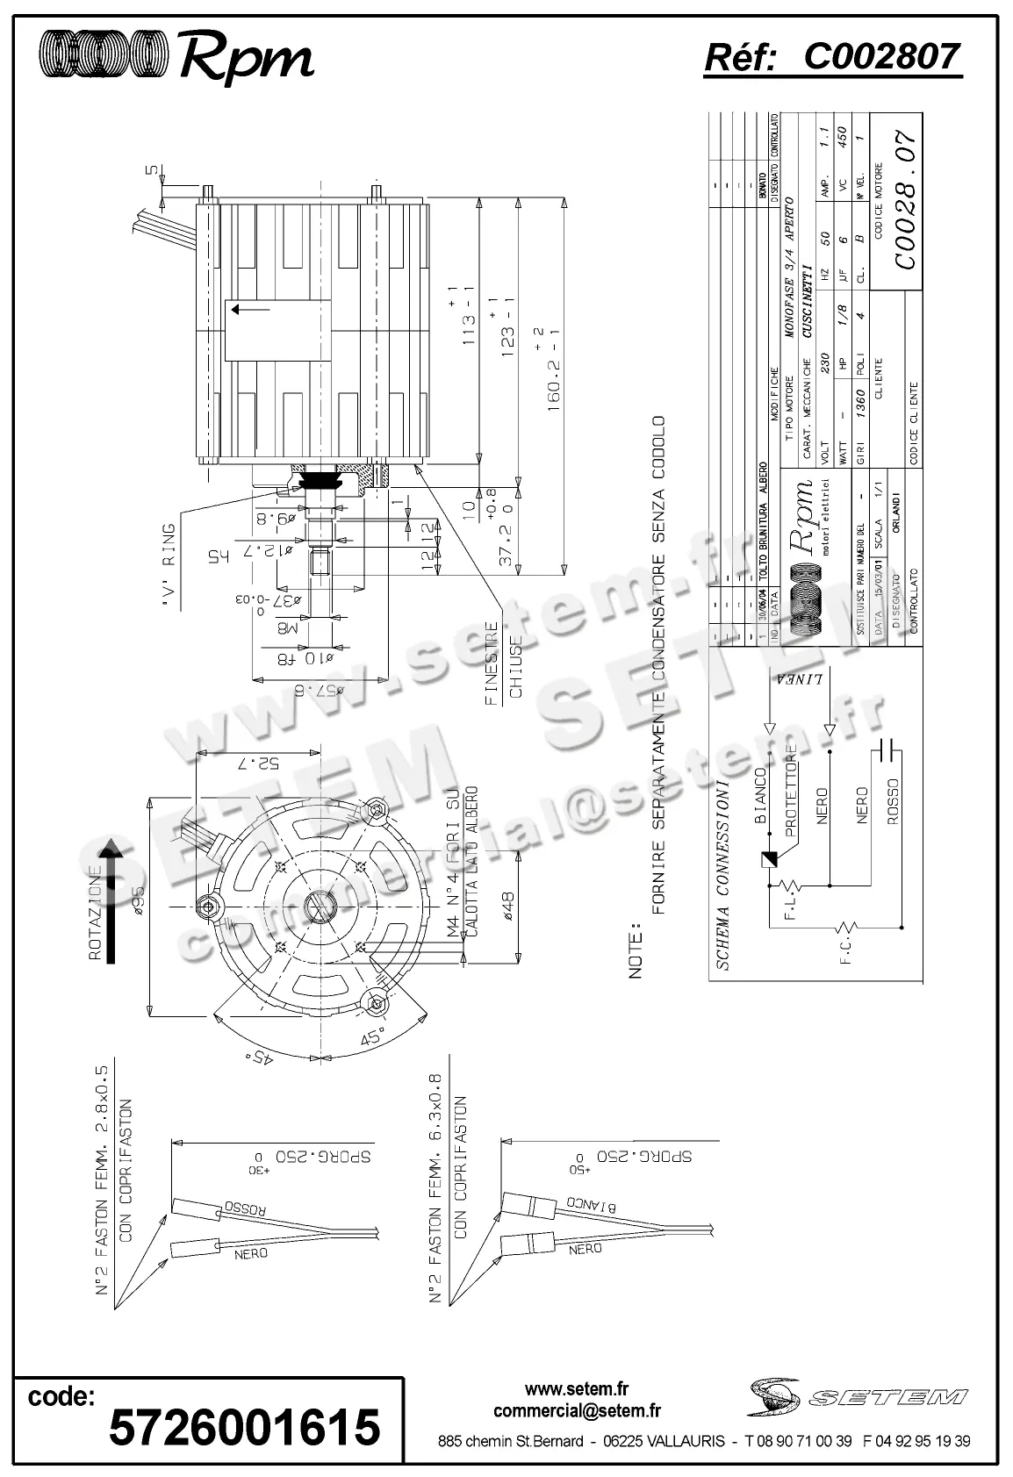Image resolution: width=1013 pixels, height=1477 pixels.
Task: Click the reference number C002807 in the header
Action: point(881,58)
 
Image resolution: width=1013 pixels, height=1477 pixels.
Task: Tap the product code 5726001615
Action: point(245,1426)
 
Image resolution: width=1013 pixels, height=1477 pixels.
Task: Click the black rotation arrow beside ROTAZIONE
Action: point(110,900)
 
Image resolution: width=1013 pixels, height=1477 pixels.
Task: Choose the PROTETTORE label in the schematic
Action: point(791,791)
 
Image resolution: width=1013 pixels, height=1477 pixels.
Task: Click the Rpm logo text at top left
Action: point(246,58)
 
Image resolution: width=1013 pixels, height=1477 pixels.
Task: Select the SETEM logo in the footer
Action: point(856,1396)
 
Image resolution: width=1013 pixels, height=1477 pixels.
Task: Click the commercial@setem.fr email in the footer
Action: point(577,1411)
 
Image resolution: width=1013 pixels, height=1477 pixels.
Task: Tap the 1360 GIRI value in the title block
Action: point(859,404)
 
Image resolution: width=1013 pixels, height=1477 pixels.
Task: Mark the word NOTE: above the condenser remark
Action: point(636,950)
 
